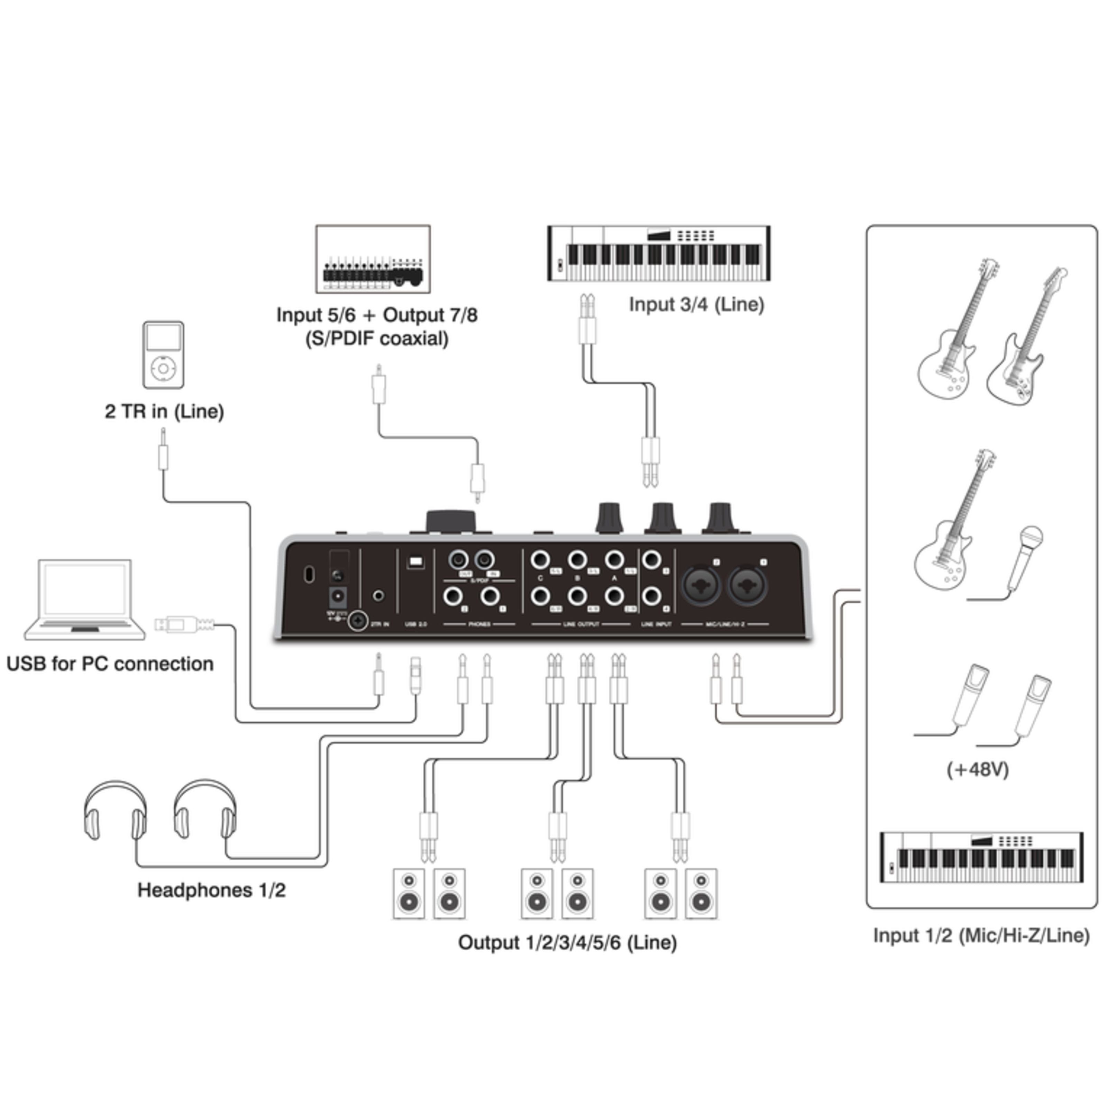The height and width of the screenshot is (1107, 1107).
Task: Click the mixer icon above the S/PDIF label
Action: point(373,259)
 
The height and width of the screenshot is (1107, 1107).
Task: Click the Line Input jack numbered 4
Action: point(651,596)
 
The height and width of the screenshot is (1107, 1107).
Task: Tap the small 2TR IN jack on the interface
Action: point(378,596)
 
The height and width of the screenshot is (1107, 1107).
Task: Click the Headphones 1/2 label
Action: point(211,890)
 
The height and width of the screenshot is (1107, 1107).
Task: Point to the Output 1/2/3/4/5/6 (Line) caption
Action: point(567,943)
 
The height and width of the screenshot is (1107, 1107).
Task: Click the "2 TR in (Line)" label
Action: point(164,411)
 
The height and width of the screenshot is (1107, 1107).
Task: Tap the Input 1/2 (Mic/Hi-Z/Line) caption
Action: point(981,936)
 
